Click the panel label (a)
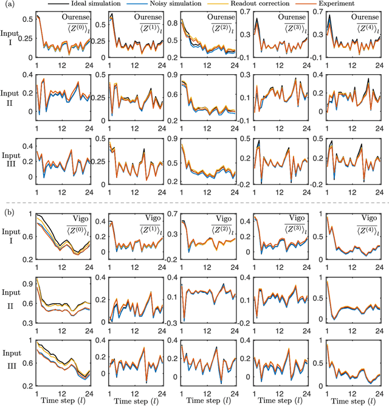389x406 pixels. pyautogui.click(x=8, y=5)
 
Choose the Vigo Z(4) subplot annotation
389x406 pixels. pyautogui.click(x=366, y=226)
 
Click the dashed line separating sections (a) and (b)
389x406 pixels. pyautogui.click(x=194, y=202)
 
